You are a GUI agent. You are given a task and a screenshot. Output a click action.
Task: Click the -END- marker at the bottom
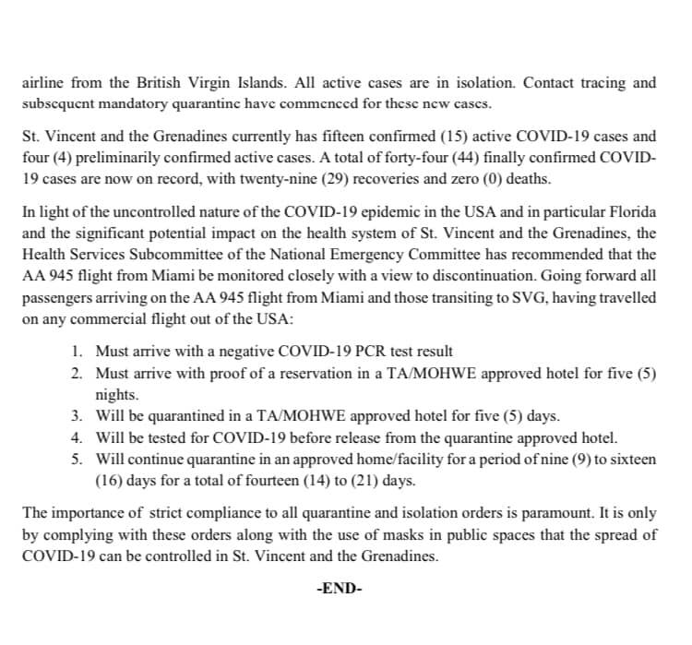[339, 588]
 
